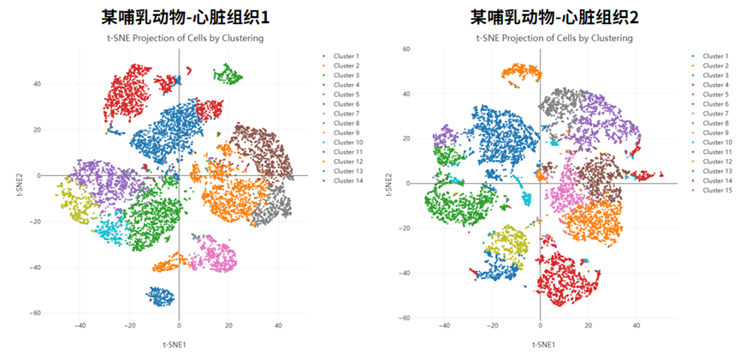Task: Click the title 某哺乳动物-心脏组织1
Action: click(183, 17)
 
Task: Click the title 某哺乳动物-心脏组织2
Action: click(554, 17)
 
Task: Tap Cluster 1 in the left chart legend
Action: click(346, 56)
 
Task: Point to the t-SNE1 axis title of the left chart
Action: click(179, 344)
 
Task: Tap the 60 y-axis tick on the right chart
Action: click(407, 50)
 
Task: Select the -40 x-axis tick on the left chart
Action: click(80, 326)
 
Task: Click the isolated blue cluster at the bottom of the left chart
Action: click(160, 296)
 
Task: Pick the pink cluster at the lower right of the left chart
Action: click(213, 255)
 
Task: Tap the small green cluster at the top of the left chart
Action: click(227, 74)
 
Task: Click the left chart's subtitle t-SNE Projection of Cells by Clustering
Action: click(184, 38)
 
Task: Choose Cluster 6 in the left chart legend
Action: click(346, 103)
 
